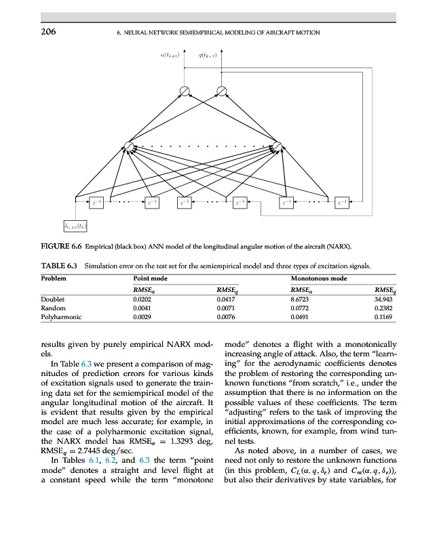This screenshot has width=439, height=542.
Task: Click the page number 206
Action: pos(47,32)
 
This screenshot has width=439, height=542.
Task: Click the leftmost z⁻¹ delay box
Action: pos(96,201)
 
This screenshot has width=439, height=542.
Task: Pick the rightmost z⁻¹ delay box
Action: pos(343,201)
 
